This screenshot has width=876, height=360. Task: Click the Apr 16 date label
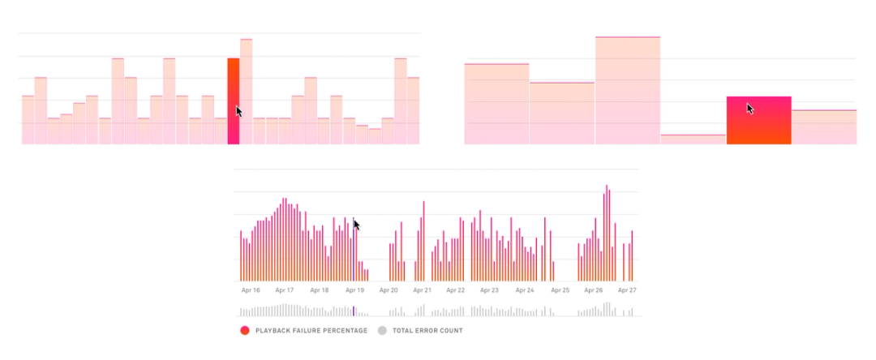(251, 289)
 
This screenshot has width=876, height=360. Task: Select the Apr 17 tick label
(285, 289)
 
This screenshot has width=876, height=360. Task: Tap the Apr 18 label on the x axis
(320, 289)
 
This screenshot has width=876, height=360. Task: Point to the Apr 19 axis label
(354, 289)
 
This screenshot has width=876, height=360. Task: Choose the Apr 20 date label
(389, 289)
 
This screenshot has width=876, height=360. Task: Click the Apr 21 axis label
(423, 289)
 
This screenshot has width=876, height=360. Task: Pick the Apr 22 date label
(456, 289)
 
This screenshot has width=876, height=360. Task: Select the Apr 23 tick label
(490, 289)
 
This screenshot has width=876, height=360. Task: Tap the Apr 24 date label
(525, 289)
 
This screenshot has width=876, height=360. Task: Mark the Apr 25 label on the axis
(560, 289)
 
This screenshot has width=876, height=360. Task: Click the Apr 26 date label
(594, 289)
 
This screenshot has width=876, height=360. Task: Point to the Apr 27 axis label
(627, 289)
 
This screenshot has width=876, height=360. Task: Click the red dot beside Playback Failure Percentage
(244, 331)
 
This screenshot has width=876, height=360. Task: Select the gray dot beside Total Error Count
(383, 331)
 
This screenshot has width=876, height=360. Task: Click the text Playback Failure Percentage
(311, 331)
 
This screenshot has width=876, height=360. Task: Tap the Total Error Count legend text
(427, 331)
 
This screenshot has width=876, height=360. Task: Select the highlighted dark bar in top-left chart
(234, 101)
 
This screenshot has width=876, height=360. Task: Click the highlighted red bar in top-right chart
(758, 120)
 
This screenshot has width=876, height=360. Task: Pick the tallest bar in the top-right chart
(628, 91)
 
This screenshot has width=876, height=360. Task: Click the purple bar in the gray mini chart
(354, 311)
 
